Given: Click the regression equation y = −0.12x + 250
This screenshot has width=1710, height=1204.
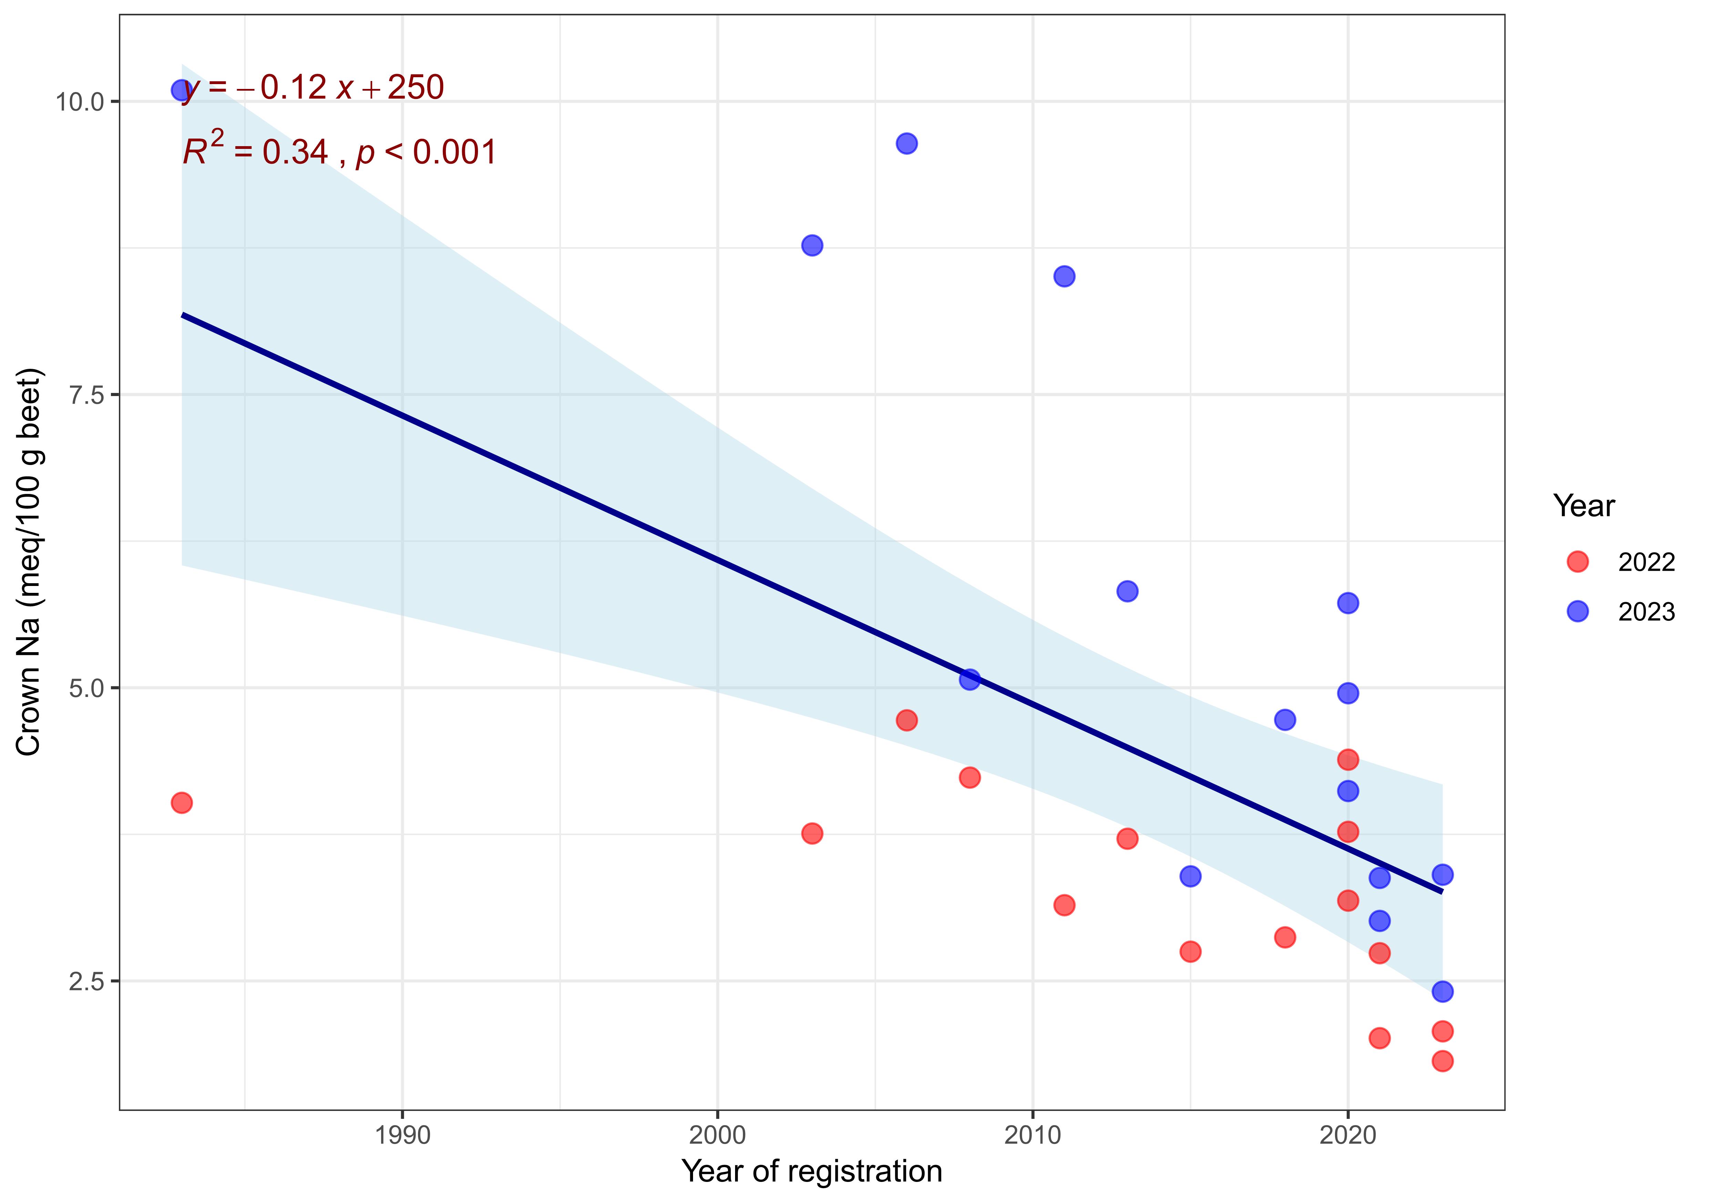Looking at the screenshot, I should (313, 88).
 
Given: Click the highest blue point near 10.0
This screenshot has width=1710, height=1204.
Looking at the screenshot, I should (181, 90).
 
